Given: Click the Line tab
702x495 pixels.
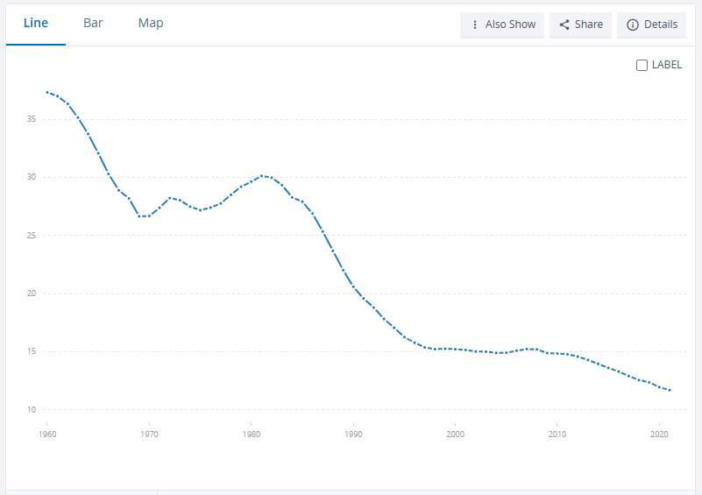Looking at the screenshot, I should (x=36, y=23).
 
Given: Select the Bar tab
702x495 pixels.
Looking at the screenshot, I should (x=93, y=23).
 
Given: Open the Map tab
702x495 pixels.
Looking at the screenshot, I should (x=151, y=23).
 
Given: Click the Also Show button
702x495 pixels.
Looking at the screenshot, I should (x=503, y=25).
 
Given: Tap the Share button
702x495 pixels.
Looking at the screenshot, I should (x=580, y=25).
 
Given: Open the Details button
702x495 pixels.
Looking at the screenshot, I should (x=652, y=25).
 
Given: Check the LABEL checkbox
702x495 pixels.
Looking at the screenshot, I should (x=642, y=65).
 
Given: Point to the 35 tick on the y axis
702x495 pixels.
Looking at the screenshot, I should (x=31, y=119).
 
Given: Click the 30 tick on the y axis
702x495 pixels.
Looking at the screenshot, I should (x=31, y=177).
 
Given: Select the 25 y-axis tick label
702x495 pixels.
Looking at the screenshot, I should (x=31, y=236).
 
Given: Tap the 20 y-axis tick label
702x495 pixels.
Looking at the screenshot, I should (x=31, y=293).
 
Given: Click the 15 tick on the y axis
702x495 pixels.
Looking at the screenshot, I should (x=31, y=352).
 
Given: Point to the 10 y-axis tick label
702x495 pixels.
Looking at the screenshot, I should (x=31, y=410).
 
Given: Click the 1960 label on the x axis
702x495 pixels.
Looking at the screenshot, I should (x=46, y=434).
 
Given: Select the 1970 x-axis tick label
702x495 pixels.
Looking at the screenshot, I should (x=149, y=434).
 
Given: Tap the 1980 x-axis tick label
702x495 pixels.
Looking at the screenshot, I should (x=251, y=434).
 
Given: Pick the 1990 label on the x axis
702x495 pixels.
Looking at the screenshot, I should (x=353, y=434).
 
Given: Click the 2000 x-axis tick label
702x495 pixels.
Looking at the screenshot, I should (x=455, y=434).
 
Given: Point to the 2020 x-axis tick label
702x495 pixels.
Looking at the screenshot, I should (x=659, y=434).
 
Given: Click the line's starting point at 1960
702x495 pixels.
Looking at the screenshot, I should (x=47, y=92).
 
